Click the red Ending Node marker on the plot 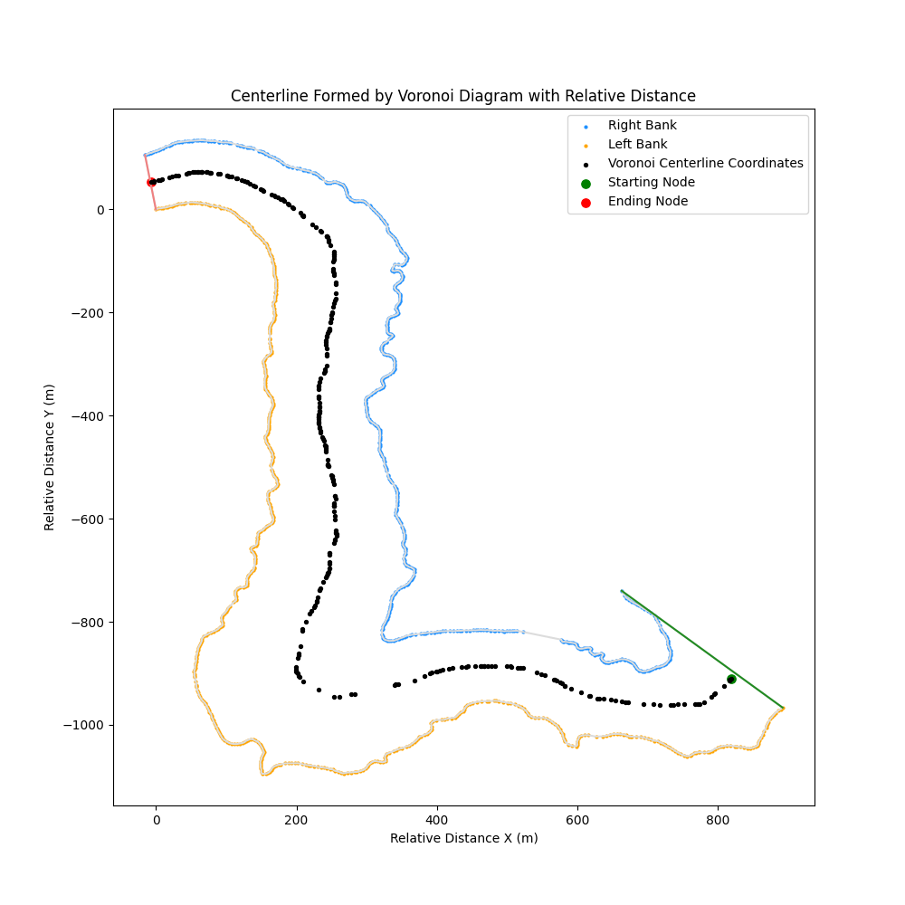click(x=151, y=182)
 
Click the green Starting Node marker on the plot click(x=731, y=679)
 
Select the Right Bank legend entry click(x=642, y=125)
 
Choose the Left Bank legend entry click(x=637, y=144)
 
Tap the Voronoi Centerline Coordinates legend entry click(x=705, y=163)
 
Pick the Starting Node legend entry click(x=651, y=182)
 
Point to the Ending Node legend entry click(x=647, y=201)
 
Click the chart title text click(x=462, y=96)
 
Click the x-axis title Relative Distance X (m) click(x=463, y=838)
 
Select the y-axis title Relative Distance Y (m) click(x=50, y=457)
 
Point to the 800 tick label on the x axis click(x=718, y=819)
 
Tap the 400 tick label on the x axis click(x=437, y=819)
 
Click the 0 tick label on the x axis click(x=156, y=819)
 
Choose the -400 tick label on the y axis click(x=89, y=415)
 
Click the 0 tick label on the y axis click(x=100, y=209)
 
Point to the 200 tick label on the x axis click(x=297, y=819)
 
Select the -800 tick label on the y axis click(x=89, y=622)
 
